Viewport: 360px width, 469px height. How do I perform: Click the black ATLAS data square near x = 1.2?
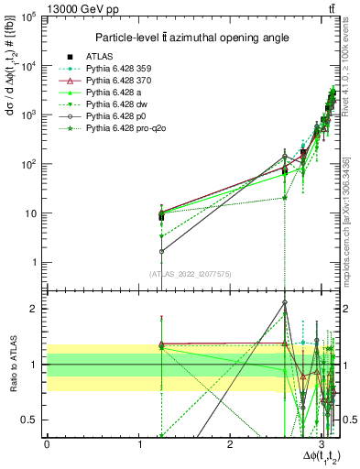(161, 217)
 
